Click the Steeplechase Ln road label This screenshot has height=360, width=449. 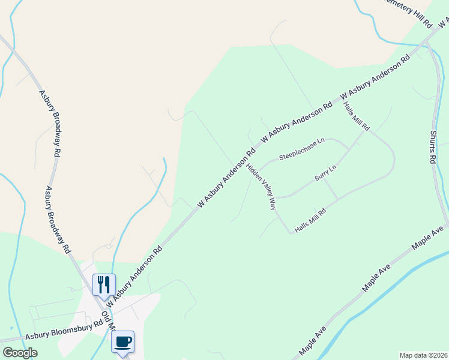click(x=301, y=149)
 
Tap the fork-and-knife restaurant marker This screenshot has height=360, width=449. click(x=103, y=284)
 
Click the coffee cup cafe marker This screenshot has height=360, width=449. click(x=122, y=342)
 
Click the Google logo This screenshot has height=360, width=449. click(x=20, y=353)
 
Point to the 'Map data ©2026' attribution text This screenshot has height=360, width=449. click(x=424, y=355)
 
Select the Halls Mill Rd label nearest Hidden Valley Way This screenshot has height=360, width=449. click(x=310, y=220)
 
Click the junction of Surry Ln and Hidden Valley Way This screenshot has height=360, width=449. click(x=274, y=197)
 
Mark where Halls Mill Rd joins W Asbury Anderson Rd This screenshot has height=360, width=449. click(x=342, y=95)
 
